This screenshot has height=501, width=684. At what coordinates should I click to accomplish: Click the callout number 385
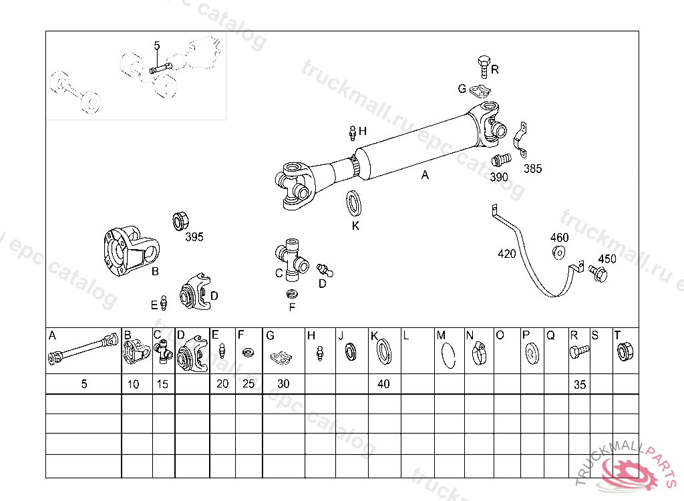click(532, 168)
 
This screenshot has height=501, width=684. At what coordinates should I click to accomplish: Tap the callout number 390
click(498, 177)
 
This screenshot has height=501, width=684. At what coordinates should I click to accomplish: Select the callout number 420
click(507, 254)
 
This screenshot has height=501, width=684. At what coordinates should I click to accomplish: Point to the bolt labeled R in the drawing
click(484, 66)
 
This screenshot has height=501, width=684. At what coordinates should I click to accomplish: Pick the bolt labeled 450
click(598, 273)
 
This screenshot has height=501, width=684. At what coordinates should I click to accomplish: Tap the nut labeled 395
click(180, 221)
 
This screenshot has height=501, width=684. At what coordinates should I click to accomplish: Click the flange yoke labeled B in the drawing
click(131, 251)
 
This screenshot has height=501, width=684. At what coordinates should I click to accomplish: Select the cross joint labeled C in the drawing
click(291, 259)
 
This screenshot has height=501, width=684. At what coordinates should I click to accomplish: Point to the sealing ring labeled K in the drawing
click(353, 203)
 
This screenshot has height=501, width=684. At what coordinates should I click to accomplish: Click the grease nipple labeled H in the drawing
click(353, 133)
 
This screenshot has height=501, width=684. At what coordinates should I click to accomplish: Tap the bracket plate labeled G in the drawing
click(480, 92)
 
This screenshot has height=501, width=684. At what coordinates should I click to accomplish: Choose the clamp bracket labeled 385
click(520, 140)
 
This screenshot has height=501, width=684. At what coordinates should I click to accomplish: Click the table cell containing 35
click(579, 384)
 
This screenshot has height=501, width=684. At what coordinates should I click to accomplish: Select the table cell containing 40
click(384, 384)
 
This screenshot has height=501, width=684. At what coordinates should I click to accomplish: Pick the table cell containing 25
click(248, 384)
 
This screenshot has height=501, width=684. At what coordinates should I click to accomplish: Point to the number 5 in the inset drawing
click(157, 45)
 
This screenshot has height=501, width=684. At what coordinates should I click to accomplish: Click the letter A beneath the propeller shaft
click(425, 175)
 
